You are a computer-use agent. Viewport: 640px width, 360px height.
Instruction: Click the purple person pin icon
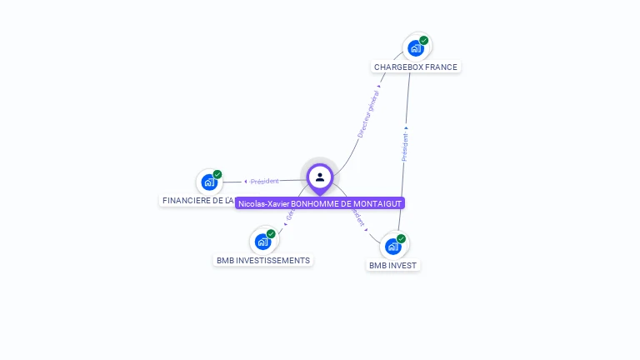pos(320,177)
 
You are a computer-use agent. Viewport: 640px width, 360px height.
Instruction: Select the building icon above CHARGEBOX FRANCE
pos(416,48)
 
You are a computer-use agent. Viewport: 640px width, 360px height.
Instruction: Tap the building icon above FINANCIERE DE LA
pos(209,182)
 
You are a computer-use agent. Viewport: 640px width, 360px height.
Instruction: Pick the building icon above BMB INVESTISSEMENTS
pos(262,242)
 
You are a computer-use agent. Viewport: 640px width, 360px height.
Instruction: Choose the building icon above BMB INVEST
pos(393,247)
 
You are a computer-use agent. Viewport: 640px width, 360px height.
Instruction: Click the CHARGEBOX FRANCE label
pos(415,67)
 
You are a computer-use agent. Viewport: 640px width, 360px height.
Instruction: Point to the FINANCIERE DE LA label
pos(197,201)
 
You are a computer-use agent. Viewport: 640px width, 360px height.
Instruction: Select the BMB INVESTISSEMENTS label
pos(263,260)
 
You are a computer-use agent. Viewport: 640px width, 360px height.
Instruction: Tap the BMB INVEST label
pos(393,265)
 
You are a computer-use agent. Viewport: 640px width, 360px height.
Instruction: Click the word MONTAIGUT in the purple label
pos(376,203)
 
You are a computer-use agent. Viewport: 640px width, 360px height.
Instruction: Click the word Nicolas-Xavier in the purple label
pos(262,203)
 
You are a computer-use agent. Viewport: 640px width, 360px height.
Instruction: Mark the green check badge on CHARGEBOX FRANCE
pos(424,40)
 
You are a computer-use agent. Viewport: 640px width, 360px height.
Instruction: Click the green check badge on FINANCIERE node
pos(217,174)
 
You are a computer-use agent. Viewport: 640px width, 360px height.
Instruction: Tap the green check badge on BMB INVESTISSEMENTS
pos(271,234)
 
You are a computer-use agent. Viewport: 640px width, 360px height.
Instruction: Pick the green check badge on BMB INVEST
pos(402,239)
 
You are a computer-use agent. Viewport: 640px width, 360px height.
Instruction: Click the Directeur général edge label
pos(367,115)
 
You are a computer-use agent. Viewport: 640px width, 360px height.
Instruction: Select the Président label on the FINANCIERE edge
pos(265,181)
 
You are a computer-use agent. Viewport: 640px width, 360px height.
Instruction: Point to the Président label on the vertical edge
pos(405,147)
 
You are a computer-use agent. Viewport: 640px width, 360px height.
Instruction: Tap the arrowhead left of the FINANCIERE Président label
pos(245,181)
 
